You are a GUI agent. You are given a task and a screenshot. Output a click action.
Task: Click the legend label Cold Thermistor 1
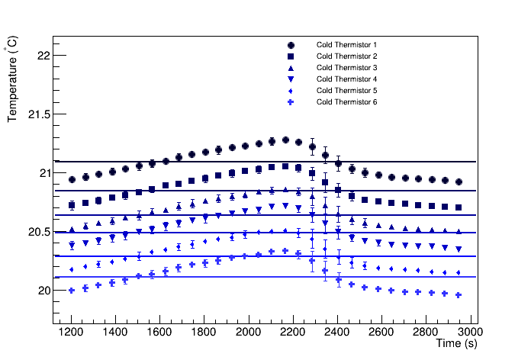[x=346, y=45]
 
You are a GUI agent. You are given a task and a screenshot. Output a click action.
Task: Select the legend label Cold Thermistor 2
[x=346, y=56]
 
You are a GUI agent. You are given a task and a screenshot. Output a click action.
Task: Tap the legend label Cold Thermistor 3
[x=346, y=68]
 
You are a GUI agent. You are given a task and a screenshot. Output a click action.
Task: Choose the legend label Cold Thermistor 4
[x=346, y=79]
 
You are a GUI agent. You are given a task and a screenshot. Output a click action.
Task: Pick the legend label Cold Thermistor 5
[x=346, y=91]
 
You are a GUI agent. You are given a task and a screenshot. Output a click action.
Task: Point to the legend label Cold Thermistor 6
[x=346, y=102]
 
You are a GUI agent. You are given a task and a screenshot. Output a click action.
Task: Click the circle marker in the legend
[x=291, y=45]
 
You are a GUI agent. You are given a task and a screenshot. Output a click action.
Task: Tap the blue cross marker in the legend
[x=291, y=102]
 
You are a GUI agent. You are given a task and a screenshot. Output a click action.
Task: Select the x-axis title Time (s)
[x=456, y=345]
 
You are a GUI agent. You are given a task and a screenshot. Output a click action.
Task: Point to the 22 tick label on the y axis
[x=43, y=56]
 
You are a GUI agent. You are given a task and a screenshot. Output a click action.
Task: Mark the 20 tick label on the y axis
[x=43, y=291]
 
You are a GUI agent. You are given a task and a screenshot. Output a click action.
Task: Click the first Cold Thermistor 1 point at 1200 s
[x=72, y=180]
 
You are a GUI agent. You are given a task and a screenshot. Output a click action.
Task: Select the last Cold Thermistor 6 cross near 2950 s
[x=459, y=295]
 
